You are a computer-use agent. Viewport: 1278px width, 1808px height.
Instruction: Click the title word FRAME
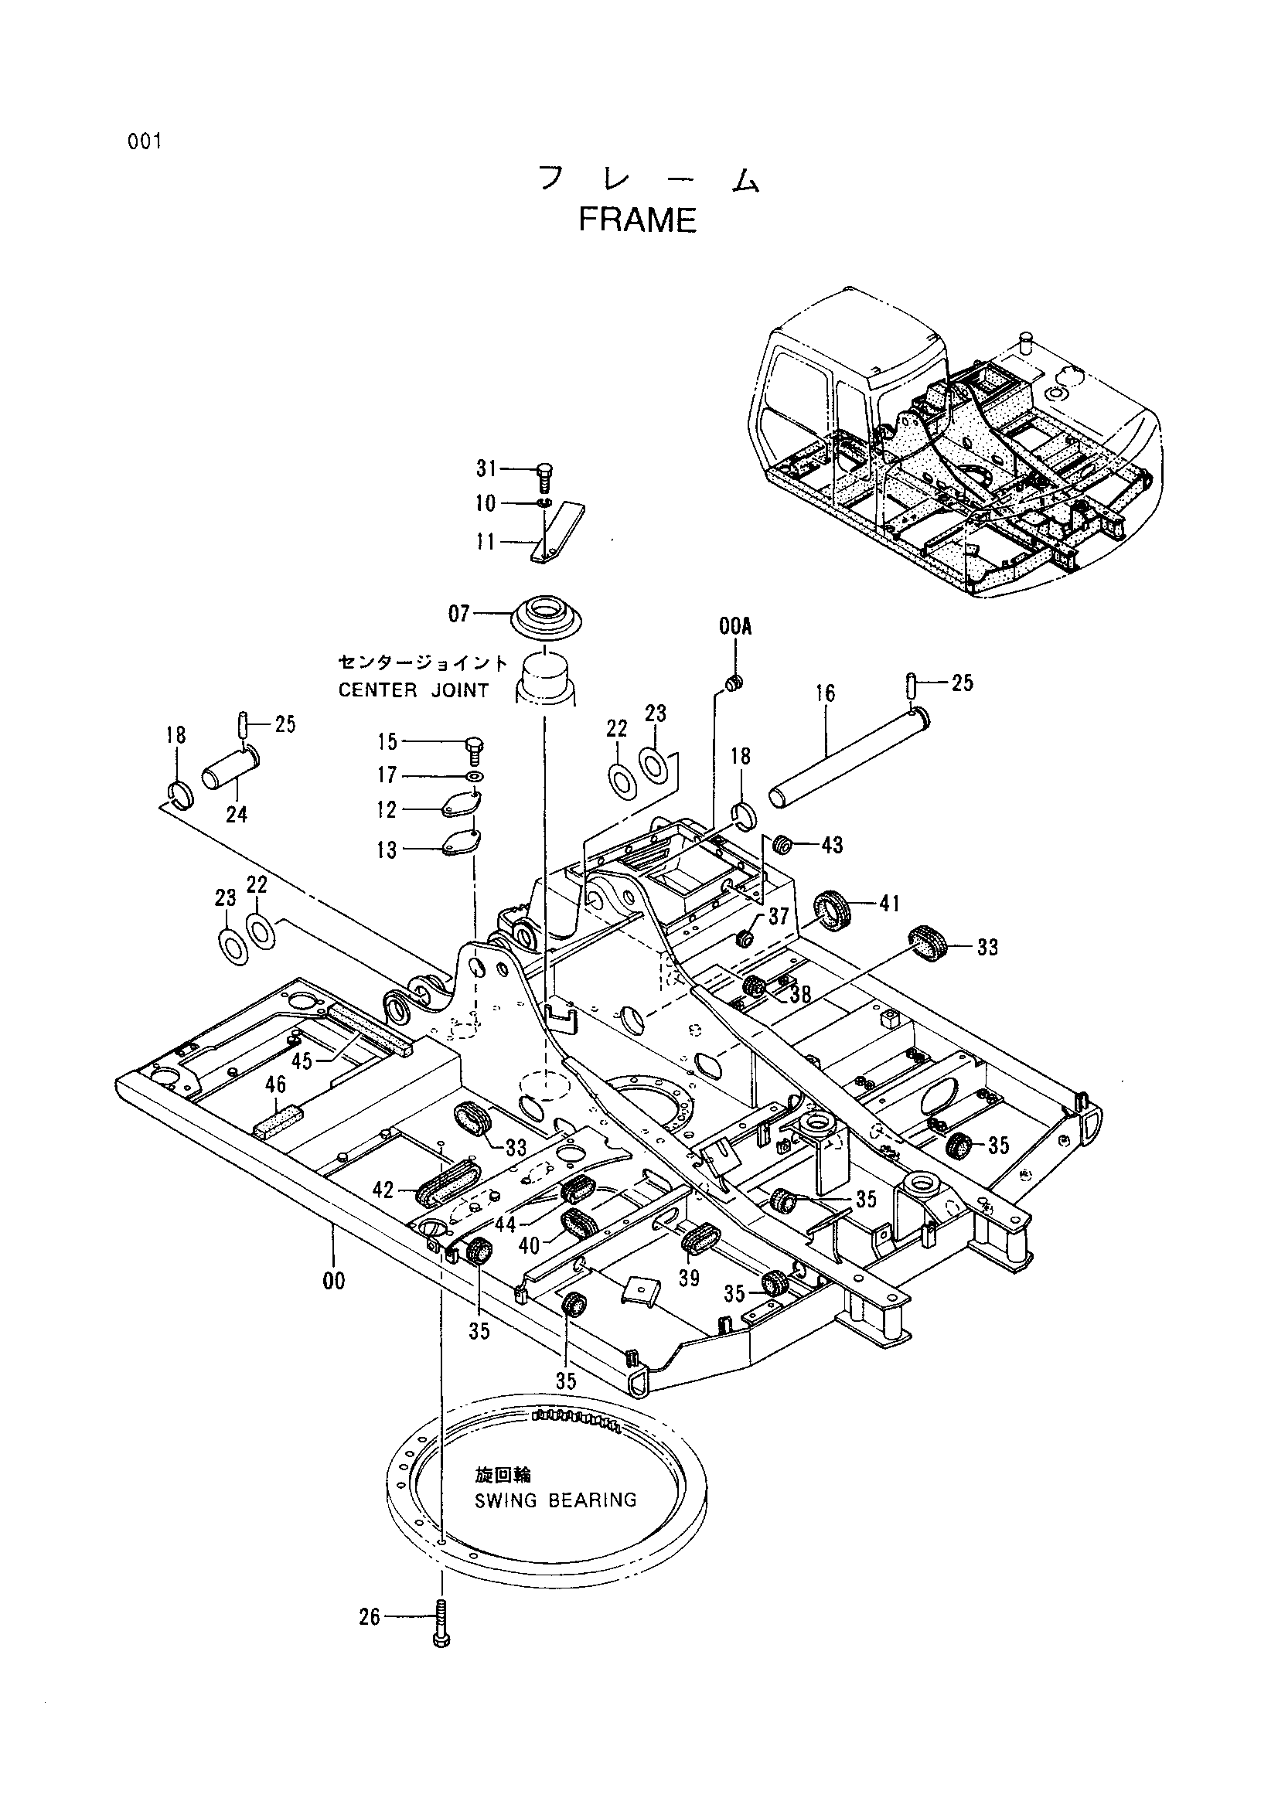(637, 220)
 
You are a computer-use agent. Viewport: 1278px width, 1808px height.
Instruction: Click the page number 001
(142, 142)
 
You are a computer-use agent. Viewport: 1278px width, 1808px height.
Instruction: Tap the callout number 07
(459, 614)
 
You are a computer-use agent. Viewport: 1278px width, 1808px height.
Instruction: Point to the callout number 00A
(735, 627)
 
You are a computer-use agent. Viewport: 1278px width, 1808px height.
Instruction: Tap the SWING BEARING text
(555, 1500)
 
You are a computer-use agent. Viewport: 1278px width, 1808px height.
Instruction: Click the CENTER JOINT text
(414, 690)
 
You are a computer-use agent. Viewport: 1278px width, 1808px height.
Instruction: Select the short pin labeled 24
(233, 768)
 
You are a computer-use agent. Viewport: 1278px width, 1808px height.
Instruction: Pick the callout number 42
(383, 1190)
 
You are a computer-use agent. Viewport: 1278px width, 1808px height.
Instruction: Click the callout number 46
(274, 1085)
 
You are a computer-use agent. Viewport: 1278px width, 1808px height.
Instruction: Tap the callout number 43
(833, 845)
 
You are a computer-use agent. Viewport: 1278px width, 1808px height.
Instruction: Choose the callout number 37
(778, 917)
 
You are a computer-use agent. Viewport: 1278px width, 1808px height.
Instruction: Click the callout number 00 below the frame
(334, 1281)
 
